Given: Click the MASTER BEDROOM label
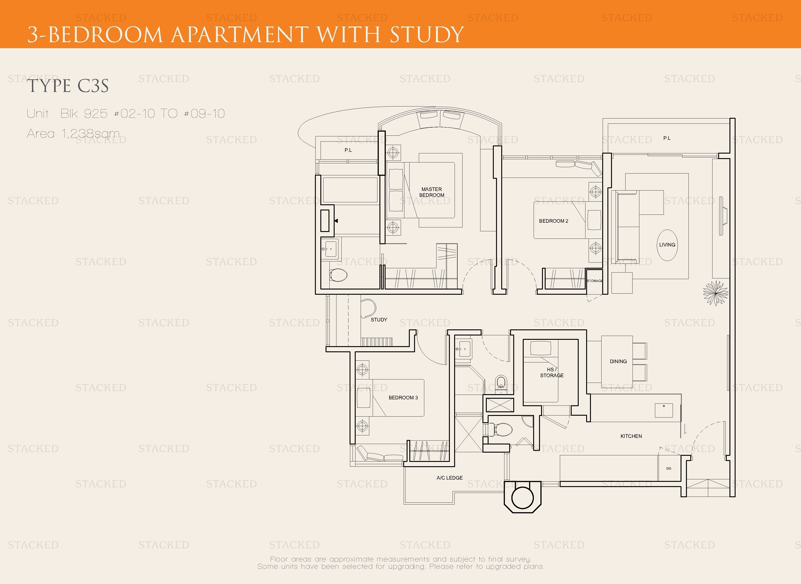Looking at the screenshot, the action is [x=432, y=192].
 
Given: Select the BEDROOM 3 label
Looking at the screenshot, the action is [x=403, y=398].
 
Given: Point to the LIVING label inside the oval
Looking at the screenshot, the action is [x=667, y=245].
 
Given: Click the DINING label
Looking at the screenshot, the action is [x=618, y=361].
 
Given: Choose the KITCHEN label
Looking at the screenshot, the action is [x=631, y=436].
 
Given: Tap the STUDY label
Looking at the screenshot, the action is [x=379, y=320].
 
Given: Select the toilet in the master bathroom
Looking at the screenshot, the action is [x=338, y=275].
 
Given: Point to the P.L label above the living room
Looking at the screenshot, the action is [x=667, y=138].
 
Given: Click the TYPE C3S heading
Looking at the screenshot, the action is [x=68, y=86].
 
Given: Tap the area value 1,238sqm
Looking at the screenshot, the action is [x=91, y=134].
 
